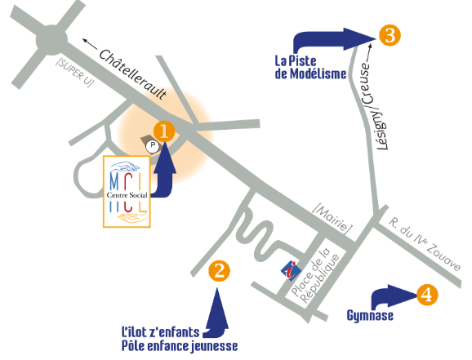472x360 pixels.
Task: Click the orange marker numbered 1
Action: click(164, 131)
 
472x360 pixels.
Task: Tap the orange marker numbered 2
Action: click(219, 271)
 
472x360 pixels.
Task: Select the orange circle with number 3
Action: click(390, 35)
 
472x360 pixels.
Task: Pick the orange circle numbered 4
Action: click(427, 295)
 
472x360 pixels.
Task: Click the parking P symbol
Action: click(153, 146)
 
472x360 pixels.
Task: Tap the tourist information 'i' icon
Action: click(291, 270)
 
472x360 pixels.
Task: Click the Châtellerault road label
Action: click(133, 74)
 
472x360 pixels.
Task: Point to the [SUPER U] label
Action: click(75, 72)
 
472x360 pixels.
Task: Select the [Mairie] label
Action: click(332, 219)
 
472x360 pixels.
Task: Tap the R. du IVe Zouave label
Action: click(425, 244)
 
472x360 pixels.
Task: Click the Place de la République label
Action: click(315, 275)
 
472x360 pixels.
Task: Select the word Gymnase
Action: click(370, 316)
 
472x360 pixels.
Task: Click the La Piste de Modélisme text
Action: click(310, 68)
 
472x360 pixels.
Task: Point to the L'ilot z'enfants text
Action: click(160, 332)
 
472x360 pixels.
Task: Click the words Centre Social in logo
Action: click(127, 195)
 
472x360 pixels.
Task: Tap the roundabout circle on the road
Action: click(51, 40)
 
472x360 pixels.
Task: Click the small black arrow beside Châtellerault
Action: click(90, 44)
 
